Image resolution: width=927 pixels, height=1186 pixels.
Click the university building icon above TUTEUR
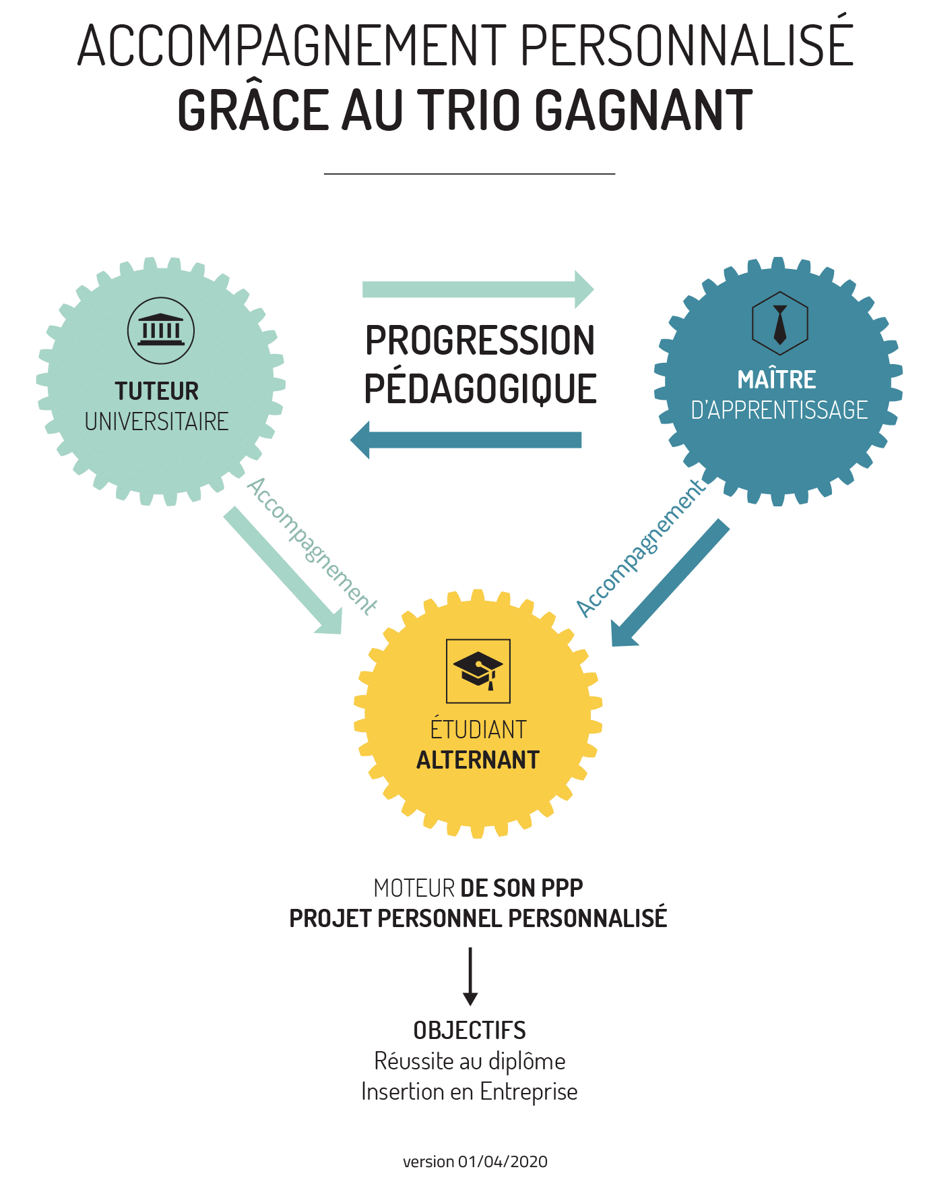tap(160, 330)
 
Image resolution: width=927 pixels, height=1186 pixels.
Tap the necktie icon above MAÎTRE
tap(779, 324)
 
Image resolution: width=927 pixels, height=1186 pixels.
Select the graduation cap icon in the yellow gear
tap(478, 671)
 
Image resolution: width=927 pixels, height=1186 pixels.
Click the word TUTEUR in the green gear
tap(157, 391)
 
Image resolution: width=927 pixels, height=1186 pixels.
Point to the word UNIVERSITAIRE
tap(157, 421)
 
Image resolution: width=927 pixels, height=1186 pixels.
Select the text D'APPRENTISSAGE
tap(779, 410)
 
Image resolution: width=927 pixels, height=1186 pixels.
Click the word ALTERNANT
tap(478, 760)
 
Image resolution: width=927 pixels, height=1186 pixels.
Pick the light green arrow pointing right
tap(478, 289)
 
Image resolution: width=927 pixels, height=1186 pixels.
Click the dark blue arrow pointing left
tap(466, 440)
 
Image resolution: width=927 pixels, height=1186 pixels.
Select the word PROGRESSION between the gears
tap(480, 340)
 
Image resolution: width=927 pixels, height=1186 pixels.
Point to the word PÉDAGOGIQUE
tap(480, 388)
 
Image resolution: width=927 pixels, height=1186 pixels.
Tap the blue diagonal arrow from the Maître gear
tap(670, 583)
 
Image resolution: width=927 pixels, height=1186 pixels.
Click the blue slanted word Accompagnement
tap(641, 547)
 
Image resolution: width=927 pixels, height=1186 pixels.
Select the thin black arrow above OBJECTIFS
tap(470, 976)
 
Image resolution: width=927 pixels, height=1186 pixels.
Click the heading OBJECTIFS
tap(470, 1030)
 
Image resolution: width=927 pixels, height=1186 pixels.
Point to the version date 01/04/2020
tap(503, 1162)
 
